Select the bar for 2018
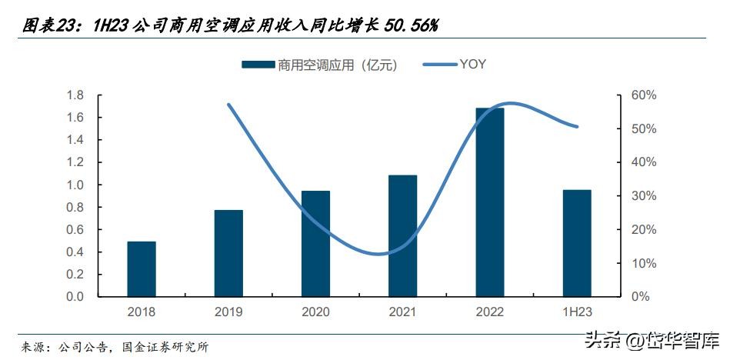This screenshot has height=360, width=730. (x=142, y=269)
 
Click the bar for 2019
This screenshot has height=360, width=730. (x=228, y=253)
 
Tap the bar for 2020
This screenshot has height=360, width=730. (x=315, y=244)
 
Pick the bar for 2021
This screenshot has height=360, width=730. (x=402, y=236)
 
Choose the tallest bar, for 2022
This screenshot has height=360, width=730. (x=490, y=202)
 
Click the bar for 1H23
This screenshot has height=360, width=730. (x=577, y=243)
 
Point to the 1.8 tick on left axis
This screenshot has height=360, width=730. (x=75, y=95)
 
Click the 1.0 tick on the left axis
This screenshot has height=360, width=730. (x=75, y=185)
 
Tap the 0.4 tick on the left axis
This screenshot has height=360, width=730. (x=75, y=252)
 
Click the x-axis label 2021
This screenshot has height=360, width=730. (x=402, y=312)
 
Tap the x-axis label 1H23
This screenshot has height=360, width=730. (x=577, y=312)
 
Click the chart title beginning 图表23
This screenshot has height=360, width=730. (x=230, y=25)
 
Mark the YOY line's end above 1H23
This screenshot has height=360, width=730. (x=577, y=127)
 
